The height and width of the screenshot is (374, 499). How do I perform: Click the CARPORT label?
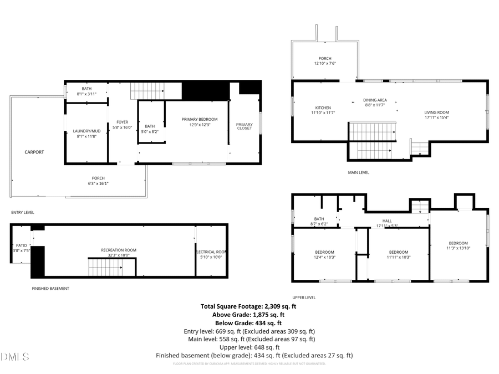34,152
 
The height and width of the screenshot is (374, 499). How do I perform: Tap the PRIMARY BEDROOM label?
200,119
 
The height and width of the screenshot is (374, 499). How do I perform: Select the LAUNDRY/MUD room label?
86,131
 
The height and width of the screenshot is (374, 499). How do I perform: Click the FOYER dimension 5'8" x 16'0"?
122,127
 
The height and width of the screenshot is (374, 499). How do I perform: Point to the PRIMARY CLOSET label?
244,127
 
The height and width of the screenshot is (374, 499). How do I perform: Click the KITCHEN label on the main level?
323,107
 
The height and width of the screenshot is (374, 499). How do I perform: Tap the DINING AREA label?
375,100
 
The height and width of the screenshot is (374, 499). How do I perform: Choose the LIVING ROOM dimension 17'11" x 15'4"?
436,117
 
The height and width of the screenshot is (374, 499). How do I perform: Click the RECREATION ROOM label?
118,250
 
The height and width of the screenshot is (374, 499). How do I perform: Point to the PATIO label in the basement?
21,245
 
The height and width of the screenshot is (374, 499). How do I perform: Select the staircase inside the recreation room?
105,267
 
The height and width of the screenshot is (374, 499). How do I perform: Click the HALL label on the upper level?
386,221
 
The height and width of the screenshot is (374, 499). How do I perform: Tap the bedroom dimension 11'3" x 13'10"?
458,248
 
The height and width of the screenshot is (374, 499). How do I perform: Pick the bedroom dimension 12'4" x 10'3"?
324,257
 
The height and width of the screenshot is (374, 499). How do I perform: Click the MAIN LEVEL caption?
358,172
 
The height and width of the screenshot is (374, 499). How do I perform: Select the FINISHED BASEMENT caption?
50,288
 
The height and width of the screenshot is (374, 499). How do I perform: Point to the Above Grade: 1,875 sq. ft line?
248,315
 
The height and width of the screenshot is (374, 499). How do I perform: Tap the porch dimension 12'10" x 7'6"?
324,63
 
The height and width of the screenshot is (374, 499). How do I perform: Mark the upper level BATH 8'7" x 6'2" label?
319,221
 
